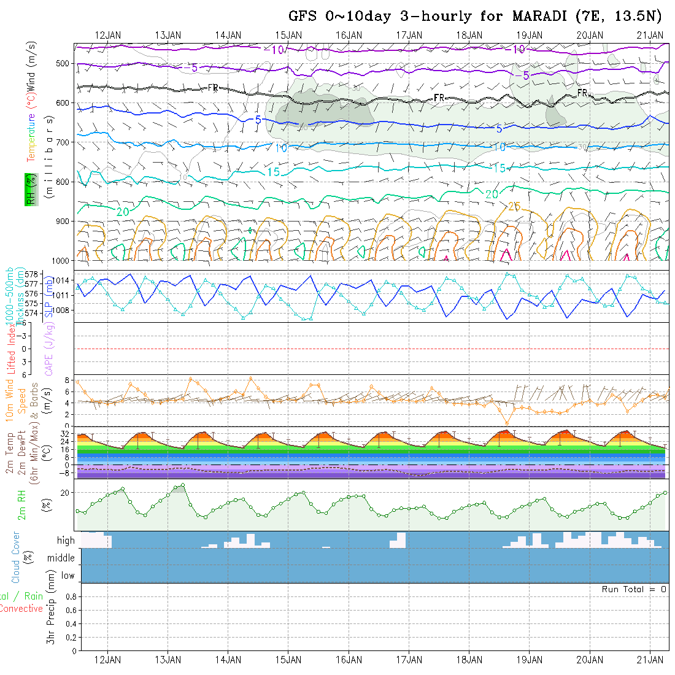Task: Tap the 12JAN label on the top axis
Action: [x=109, y=34]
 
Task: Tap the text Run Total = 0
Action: [x=634, y=589]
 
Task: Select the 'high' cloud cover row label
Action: [x=66, y=541]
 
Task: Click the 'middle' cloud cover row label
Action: [x=61, y=558]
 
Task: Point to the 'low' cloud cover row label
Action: [x=67, y=576]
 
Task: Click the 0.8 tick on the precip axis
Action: [x=69, y=596]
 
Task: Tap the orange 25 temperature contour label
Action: [x=514, y=207]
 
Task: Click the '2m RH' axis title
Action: [x=22, y=504]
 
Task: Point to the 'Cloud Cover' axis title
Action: [x=16, y=557]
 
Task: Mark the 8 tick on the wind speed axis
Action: [x=69, y=381]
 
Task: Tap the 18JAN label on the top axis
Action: [x=469, y=34]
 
